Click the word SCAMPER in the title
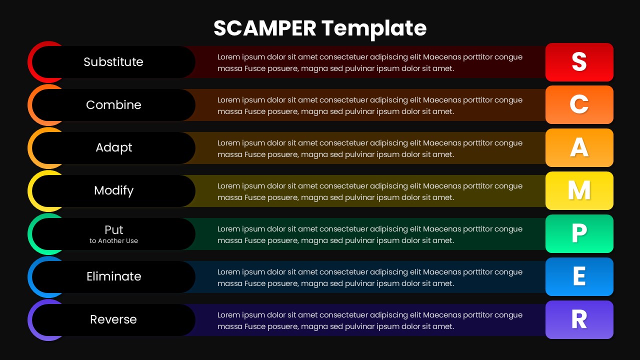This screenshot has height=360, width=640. click(264, 28)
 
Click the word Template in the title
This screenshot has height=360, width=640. click(374, 28)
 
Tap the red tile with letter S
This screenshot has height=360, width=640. click(579, 62)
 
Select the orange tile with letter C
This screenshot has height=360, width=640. click(579, 104)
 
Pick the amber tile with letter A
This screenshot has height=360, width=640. click(579, 147)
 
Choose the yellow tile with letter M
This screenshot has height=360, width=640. click(579, 190)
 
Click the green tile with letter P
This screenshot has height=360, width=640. click(579, 233)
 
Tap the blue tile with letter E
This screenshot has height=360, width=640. click(579, 276)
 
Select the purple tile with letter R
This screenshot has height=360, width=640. click(579, 319)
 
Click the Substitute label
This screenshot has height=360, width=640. click(113, 62)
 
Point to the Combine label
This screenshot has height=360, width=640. click(113, 105)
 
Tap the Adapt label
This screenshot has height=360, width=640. click(114, 147)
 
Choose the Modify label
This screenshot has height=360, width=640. click(114, 190)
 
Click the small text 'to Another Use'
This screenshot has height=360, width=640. click(114, 241)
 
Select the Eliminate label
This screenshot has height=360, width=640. click(114, 276)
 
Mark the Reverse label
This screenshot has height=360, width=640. click(113, 319)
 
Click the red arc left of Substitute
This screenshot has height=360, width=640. click(30, 62)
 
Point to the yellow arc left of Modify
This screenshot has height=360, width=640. click(30, 190)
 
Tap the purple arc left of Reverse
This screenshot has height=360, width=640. click(30, 319)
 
